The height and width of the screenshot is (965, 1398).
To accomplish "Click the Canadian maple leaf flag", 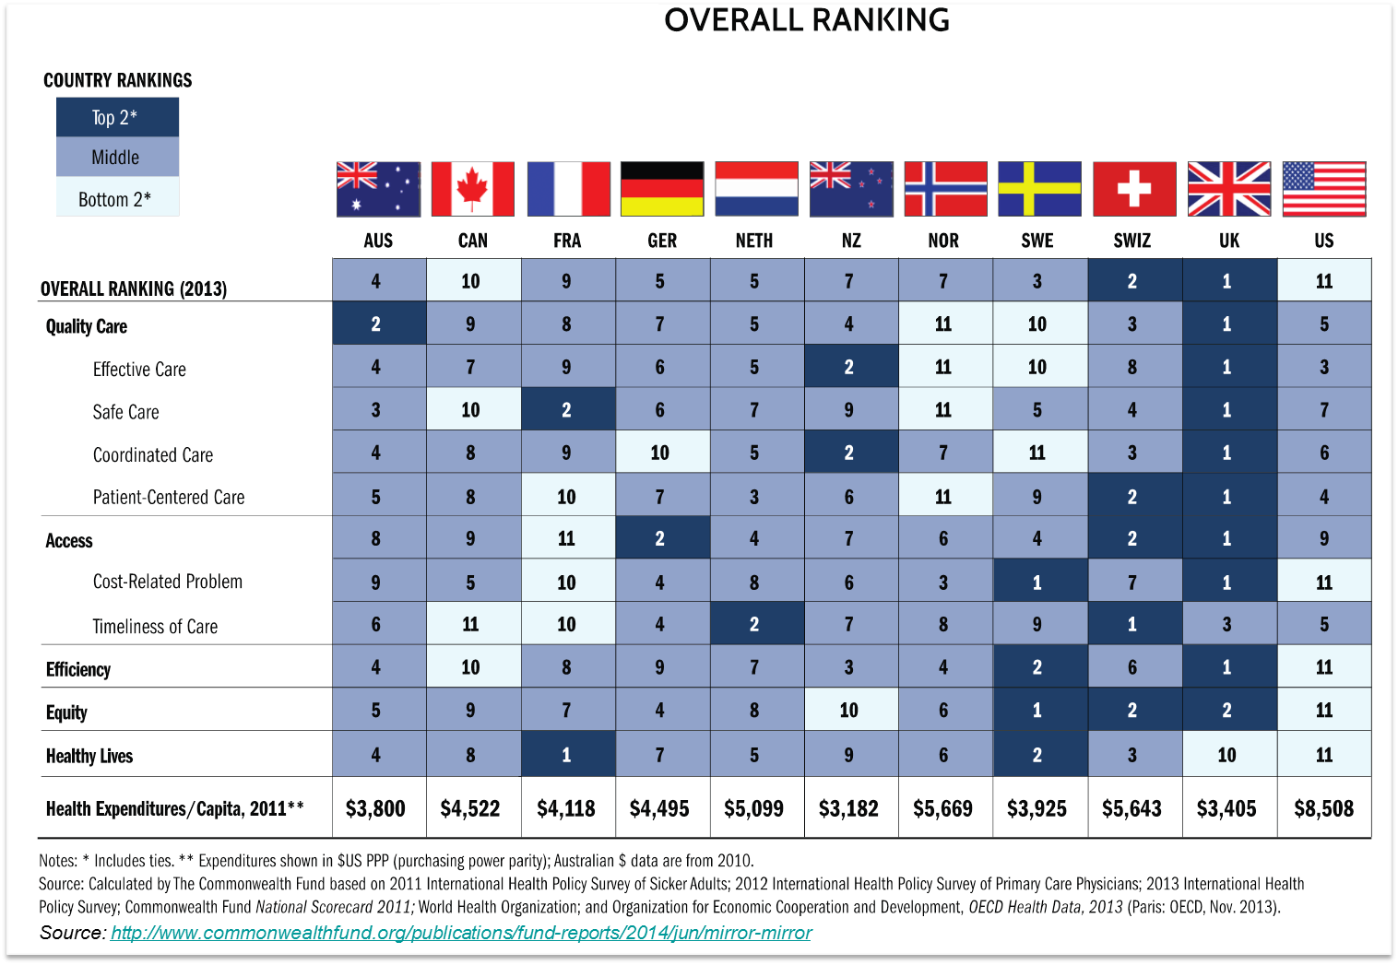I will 472,189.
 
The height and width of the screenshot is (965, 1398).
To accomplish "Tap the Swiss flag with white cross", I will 1133,189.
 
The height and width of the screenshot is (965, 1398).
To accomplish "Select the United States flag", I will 1323,189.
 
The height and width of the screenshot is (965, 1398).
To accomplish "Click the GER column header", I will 662,241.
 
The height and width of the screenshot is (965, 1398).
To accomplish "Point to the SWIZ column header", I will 1131,241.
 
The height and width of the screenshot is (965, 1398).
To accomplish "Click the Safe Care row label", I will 125,412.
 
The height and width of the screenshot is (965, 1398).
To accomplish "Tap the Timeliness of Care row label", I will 155,627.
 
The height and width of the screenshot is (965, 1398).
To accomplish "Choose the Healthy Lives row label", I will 89,756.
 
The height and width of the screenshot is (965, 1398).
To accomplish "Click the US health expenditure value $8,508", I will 1323,808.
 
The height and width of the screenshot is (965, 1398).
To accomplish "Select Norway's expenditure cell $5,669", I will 942,808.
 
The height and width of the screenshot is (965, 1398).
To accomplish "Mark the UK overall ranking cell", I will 1227,281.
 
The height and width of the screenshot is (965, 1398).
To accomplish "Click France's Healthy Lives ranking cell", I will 566,755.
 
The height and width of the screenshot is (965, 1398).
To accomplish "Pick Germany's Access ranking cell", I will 660,538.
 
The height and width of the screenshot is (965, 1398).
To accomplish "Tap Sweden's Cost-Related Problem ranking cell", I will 1037,583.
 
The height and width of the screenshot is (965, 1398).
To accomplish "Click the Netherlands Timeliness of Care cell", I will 754,624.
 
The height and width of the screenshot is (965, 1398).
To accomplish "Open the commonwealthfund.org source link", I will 461,933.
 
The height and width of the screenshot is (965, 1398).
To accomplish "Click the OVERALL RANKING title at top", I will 807,20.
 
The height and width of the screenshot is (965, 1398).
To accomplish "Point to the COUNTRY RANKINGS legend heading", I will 118,80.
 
